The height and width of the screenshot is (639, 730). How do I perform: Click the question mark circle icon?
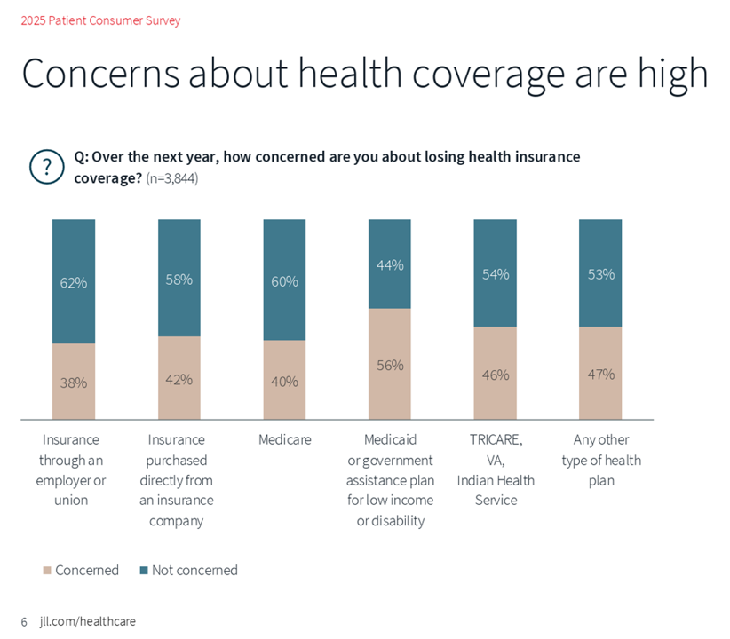[47, 167]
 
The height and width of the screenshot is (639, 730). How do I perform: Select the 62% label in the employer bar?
[74, 283]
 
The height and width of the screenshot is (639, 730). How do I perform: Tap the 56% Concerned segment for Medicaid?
[390, 365]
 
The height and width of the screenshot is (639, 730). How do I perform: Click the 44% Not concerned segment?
[390, 264]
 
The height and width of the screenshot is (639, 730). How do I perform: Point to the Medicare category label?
[284, 439]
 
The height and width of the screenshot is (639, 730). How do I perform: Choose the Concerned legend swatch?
[47, 571]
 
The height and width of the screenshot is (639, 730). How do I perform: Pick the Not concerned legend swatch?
[144, 571]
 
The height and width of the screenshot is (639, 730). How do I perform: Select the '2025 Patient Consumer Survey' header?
[100, 20]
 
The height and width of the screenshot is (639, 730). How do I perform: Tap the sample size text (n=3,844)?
[172, 178]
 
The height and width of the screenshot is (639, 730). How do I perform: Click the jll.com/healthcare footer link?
[88, 621]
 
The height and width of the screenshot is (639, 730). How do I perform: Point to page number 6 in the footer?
[25, 621]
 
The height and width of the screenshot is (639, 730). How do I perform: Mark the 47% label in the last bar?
[600, 374]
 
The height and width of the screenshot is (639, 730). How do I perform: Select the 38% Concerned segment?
[74, 383]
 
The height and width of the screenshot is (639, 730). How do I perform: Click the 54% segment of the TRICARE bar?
[495, 274]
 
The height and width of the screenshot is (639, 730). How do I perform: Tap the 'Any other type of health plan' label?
[600, 460]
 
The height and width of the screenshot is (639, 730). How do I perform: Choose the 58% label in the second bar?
[179, 280]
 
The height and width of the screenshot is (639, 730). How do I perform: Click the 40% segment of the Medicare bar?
[284, 381]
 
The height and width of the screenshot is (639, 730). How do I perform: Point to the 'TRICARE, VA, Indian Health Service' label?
[496, 469]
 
